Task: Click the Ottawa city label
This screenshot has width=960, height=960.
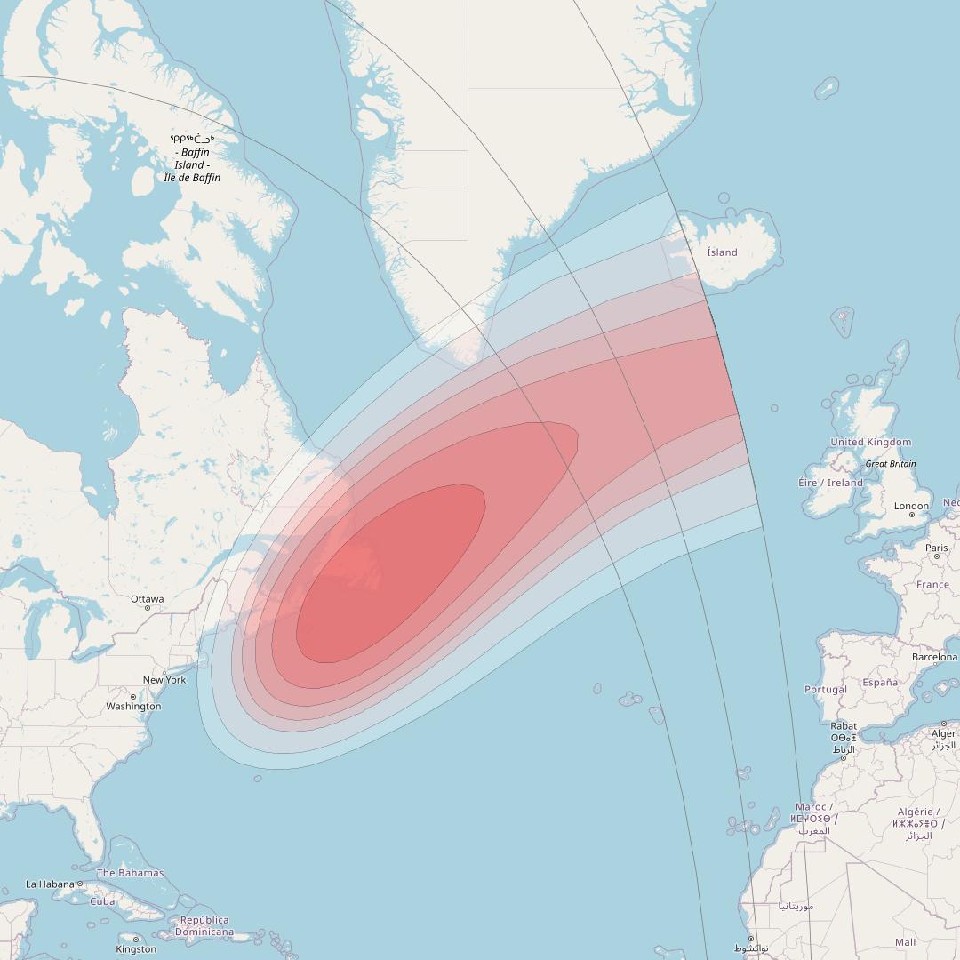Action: pos(148,598)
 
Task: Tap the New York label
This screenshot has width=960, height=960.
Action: pos(164,680)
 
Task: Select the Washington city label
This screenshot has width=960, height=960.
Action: pos(133,707)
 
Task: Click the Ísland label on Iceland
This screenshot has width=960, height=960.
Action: pos(722,252)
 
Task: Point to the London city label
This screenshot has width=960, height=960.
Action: pos(911,506)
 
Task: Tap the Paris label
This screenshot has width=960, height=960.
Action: pos(936,548)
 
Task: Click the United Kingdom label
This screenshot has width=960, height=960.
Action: pos(870,442)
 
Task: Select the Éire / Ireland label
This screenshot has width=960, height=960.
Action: pos(830,483)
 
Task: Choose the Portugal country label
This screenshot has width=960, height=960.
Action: pos(825,690)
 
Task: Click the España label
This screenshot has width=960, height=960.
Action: pos(880,683)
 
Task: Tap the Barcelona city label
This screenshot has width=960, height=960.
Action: pos(934,658)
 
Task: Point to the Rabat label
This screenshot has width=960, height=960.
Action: pos(844,726)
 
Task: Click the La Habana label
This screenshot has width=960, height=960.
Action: pos(50,884)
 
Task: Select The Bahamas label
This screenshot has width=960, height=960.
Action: pos(130,873)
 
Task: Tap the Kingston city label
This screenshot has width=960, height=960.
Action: pos(136,949)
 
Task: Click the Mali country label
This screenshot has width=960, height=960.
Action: pos(906,942)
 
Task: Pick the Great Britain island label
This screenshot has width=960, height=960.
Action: pos(890,464)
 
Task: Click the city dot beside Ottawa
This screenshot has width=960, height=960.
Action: pos(148,608)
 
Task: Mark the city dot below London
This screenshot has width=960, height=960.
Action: pos(911,515)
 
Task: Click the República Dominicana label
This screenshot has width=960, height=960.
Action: pos(204,926)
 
